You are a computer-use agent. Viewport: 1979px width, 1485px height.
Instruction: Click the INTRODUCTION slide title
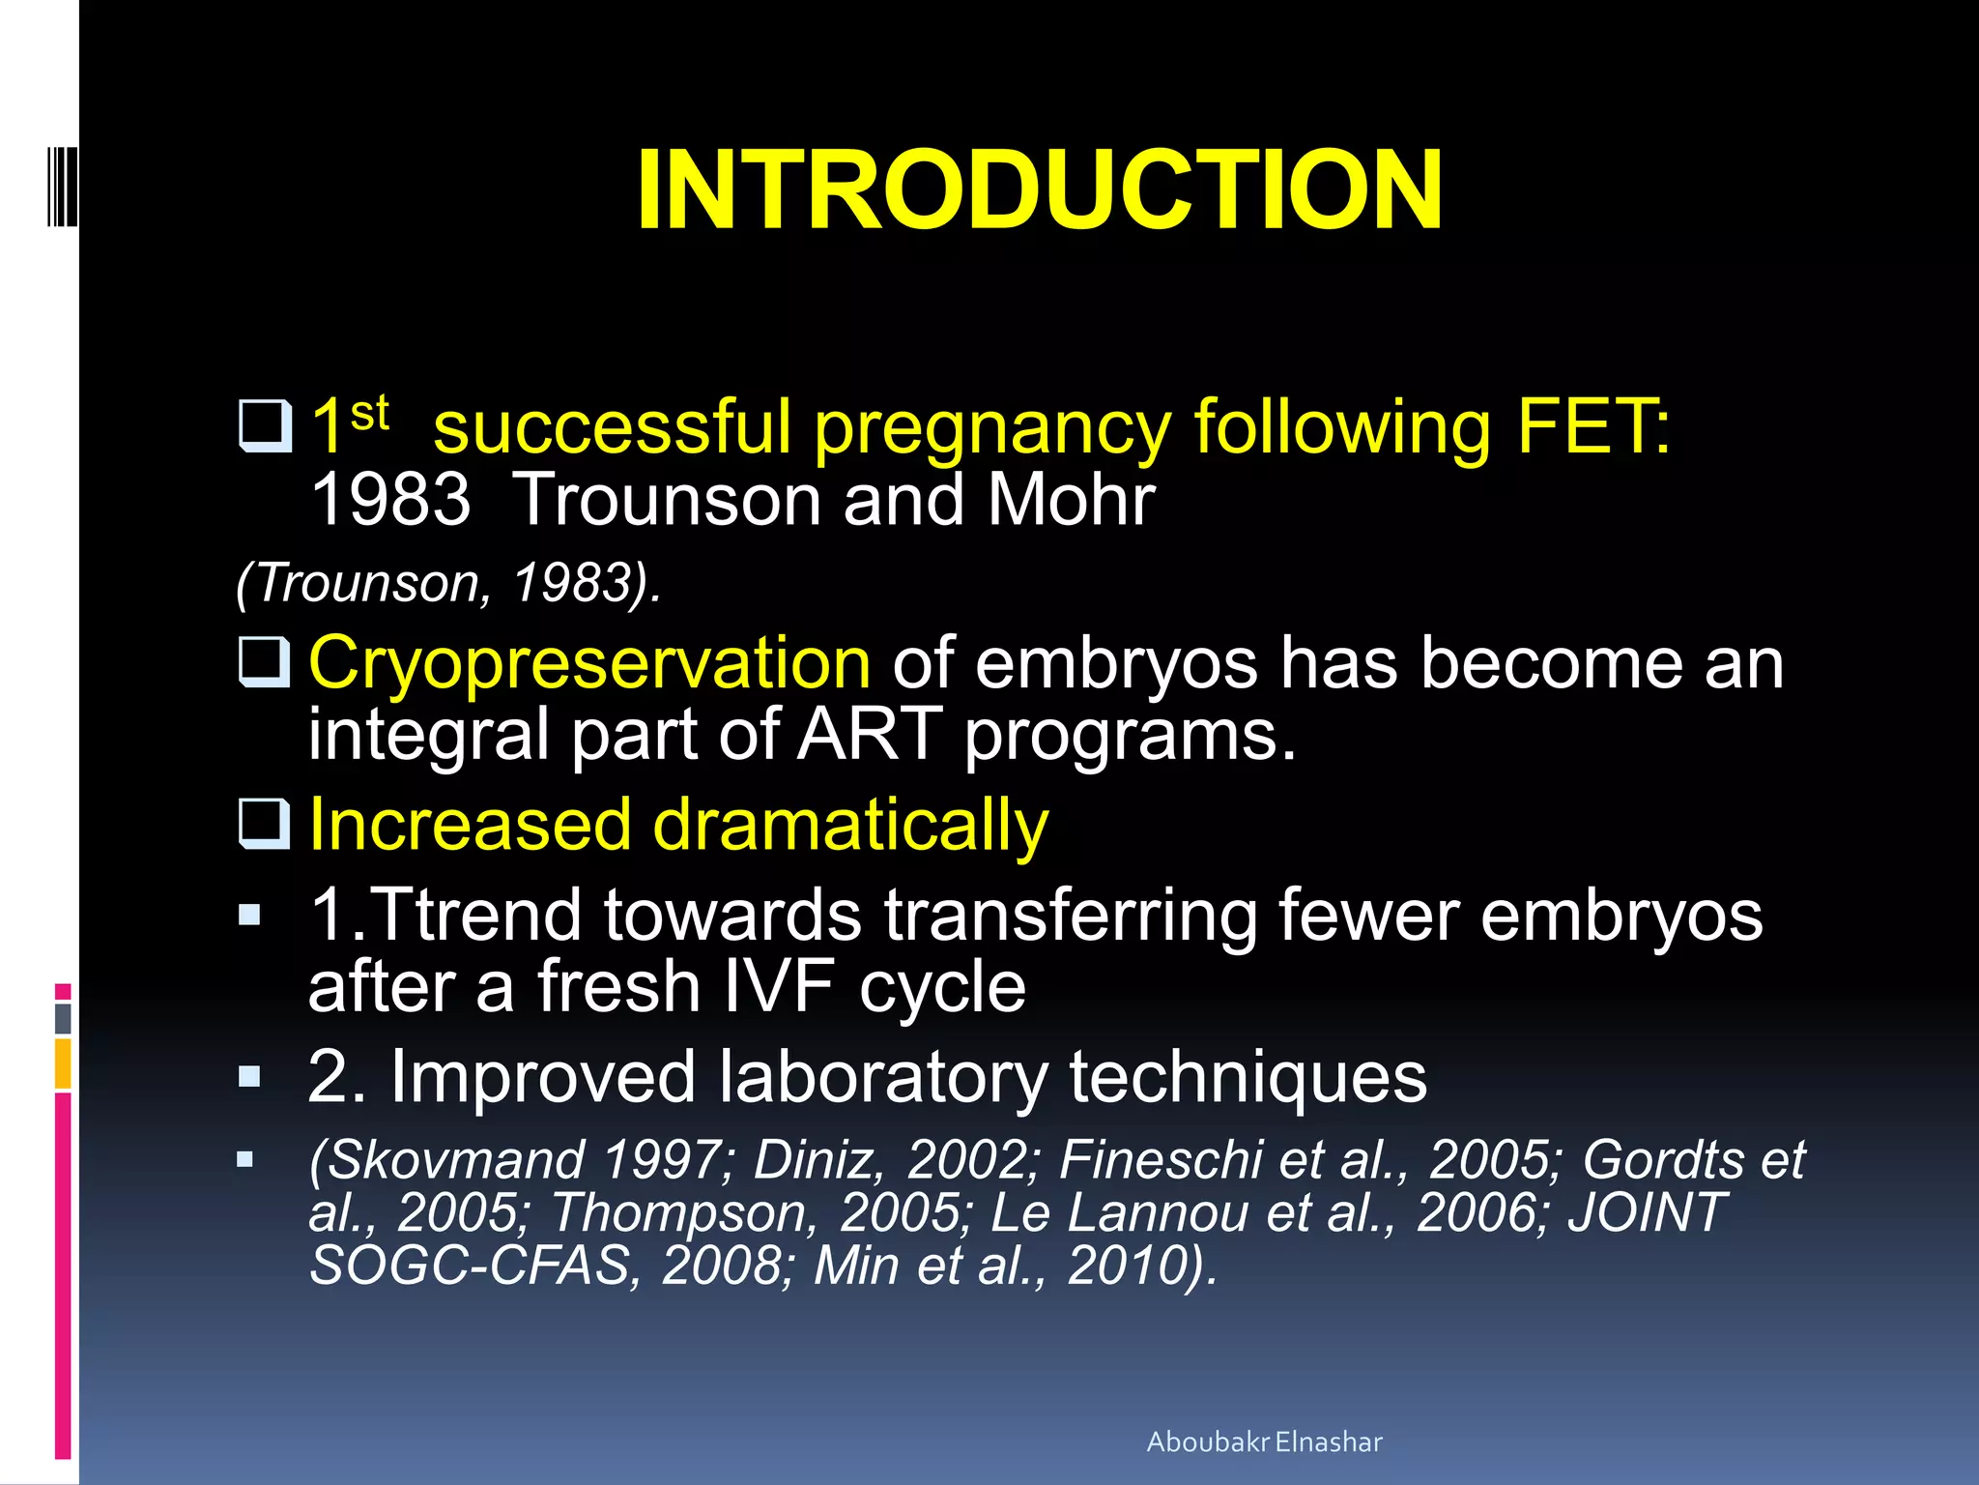pyautogui.click(x=1039, y=190)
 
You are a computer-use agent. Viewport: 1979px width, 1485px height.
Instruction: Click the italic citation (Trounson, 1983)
pyautogui.click(x=449, y=583)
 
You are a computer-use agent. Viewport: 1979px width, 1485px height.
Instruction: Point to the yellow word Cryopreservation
pyautogui.click(x=589, y=664)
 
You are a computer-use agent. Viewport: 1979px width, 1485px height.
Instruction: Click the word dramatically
pyautogui.click(x=850, y=827)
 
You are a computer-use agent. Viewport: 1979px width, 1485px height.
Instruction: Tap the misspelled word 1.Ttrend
pyautogui.click(x=445, y=915)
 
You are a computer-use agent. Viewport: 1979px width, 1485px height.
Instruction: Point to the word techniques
pyautogui.click(x=1248, y=1077)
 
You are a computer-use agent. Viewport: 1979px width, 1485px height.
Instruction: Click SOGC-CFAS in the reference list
pyautogui.click(x=470, y=1265)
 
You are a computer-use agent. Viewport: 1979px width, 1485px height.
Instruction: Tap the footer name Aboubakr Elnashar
pyautogui.click(x=1264, y=1441)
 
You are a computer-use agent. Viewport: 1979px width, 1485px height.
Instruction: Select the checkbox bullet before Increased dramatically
pyautogui.click(x=264, y=824)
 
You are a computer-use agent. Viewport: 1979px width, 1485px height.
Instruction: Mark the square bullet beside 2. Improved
pyautogui.click(x=249, y=1077)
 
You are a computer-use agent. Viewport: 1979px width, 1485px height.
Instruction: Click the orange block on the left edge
pyautogui.click(x=63, y=1063)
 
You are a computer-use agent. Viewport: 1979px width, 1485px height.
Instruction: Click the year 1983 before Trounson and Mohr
pyautogui.click(x=390, y=500)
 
